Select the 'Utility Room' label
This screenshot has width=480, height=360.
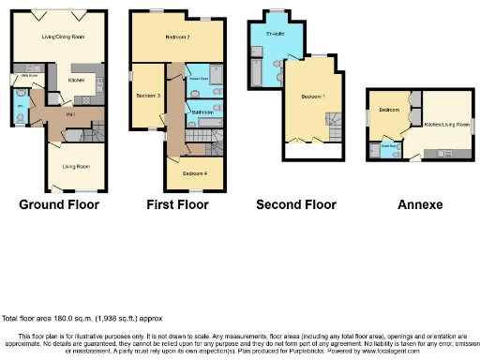tap(21, 77)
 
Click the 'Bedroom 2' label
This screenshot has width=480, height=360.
tap(178, 37)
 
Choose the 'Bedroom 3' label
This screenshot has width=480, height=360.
tap(147, 96)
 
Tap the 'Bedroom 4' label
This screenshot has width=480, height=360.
tap(195, 173)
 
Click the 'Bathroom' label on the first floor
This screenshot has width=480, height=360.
tap(202, 112)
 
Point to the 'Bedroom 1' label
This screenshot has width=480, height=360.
tap(312, 97)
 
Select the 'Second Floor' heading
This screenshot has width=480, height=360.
tap(295, 203)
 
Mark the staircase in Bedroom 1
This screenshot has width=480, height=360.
tap(334, 121)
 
